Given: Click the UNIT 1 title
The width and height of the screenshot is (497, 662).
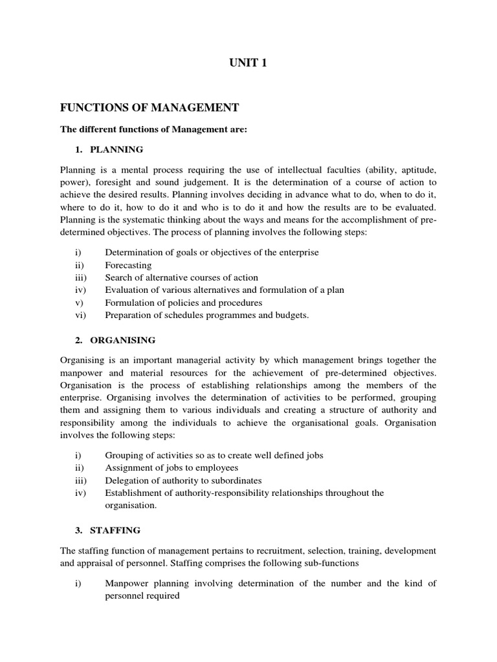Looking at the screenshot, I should tap(248, 63).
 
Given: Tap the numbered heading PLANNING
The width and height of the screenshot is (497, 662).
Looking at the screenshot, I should tap(116, 149).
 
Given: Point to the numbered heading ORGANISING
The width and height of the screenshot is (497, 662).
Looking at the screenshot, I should tap(123, 339).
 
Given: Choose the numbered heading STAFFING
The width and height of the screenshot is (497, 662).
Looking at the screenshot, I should tap(115, 530).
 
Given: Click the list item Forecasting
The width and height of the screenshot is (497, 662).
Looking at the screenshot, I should tap(128, 265).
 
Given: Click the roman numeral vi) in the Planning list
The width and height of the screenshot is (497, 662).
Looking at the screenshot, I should tap(80, 315).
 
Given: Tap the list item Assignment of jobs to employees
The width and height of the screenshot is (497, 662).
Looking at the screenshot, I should tap(171, 467).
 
